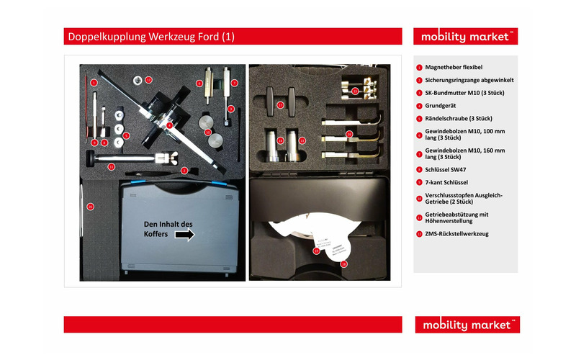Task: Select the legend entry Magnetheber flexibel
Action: (x=454, y=67)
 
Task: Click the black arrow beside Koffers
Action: (x=185, y=235)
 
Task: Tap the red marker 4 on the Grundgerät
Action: (x=168, y=125)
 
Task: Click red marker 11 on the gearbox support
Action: (x=112, y=166)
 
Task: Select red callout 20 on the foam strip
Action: (x=90, y=207)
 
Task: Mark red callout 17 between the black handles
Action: (x=282, y=105)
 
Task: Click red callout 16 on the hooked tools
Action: (x=349, y=134)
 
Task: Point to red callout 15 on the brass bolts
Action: (x=354, y=91)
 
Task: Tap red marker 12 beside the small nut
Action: (x=148, y=79)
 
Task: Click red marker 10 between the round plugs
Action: (x=207, y=132)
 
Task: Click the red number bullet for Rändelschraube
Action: (x=419, y=118)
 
